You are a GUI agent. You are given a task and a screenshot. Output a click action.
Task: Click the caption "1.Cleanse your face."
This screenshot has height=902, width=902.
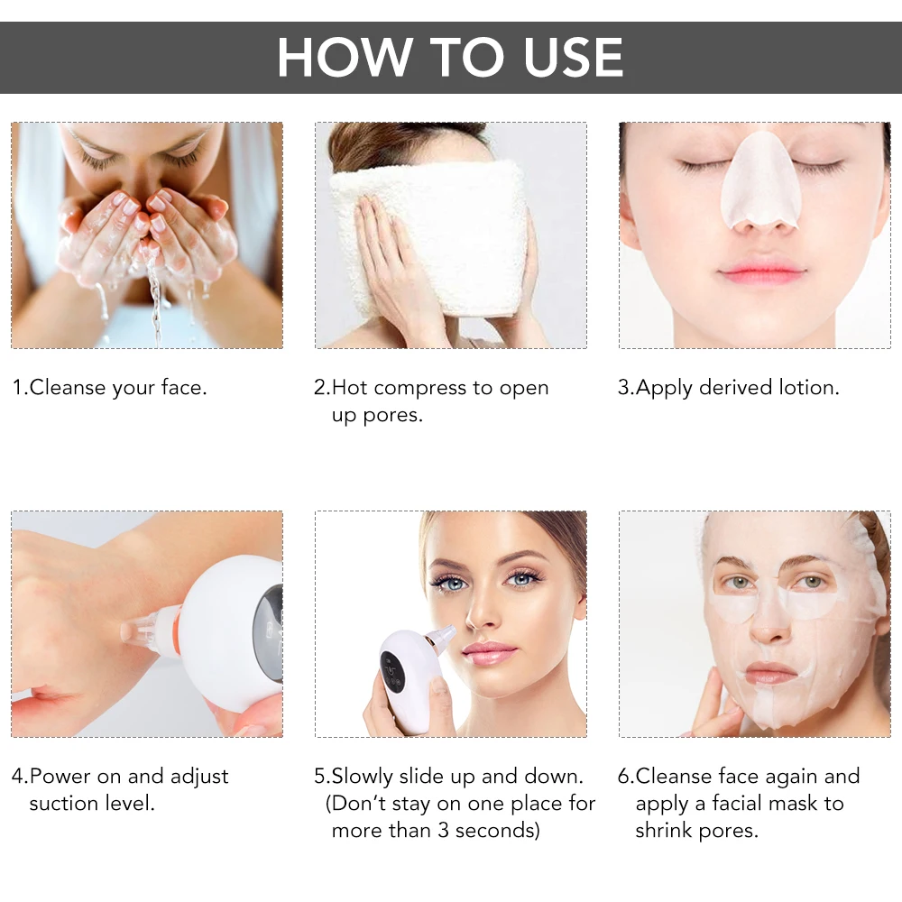pyautogui.click(x=109, y=388)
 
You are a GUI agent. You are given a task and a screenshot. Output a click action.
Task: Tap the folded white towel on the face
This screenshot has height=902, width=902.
pyautogui.click(x=424, y=235)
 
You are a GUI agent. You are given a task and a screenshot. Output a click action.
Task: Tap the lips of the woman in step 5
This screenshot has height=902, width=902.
pyautogui.click(x=490, y=652)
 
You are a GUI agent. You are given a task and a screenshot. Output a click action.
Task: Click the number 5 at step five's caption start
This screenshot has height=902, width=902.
pyautogui.click(x=319, y=776)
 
